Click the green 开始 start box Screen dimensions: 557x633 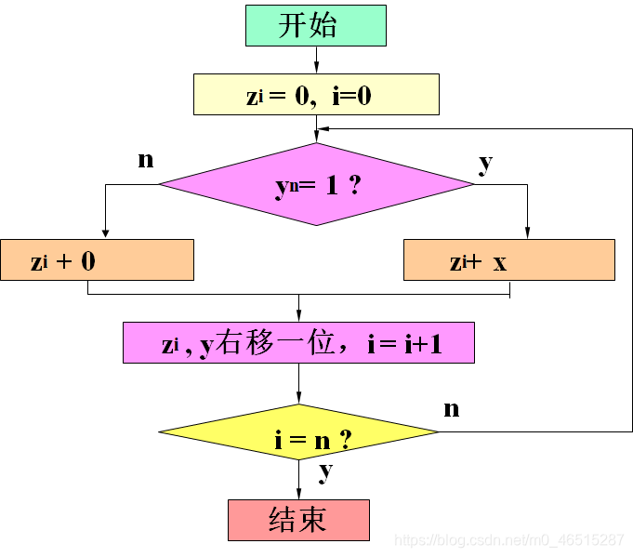(315, 25)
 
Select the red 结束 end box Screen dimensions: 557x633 (298, 520)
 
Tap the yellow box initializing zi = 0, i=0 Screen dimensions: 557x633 (315, 95)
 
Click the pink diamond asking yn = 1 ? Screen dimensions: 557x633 (316, 184)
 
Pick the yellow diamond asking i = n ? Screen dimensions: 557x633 (298, 432)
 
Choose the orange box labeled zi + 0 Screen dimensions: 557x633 (97, 260)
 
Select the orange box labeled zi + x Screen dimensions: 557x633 (508, 260)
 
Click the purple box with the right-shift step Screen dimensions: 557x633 (298, 342)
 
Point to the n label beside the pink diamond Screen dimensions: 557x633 (145, 160)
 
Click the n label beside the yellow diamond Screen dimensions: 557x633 (452, 408)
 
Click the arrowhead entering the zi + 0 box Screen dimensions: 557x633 (105, 233)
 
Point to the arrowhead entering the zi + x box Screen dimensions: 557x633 (527, 233)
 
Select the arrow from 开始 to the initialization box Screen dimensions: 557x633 (316, 60)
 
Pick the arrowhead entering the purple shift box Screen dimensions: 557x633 (298, 316)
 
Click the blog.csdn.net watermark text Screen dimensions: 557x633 (509, 540)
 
